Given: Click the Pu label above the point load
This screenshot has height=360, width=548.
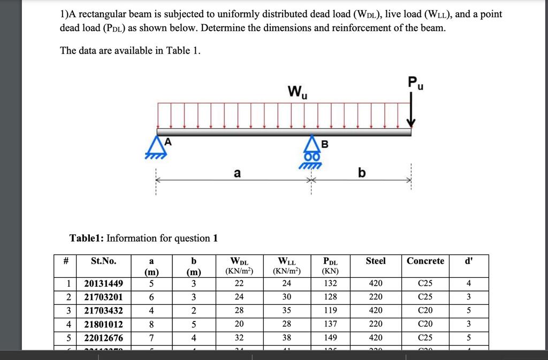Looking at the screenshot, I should pyautogui.click(x=415, y=83).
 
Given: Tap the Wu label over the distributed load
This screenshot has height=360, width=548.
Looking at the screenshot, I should pyautogui.click(x=296, y=92).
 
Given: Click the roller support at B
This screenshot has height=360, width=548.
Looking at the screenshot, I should pyautogui.click(x=311, y=149).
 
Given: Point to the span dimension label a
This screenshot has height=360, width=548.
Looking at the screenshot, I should pyautogui.click(x=237, y=173).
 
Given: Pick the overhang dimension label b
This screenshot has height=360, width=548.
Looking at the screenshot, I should pyautogui.click(x=362, y=173).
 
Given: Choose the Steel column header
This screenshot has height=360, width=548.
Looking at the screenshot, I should pyautogui.click(x=375, y=261).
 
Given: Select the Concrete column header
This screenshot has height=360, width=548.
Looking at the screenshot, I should pyautogui.click(x=425, y=261).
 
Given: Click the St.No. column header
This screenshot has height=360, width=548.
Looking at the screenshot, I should pyautogui.click(x=104, y=261).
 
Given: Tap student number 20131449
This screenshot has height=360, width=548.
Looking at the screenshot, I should pyautogui.click(x=104, y=284).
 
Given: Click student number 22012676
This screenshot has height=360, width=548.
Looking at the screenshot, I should pyautogui.click(x=104, y=338).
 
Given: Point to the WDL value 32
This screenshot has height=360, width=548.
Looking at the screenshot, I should pyautogui.click(x=239, y=338).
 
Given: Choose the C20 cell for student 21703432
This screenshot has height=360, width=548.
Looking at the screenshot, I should pyautogui.click(x=425, y=310).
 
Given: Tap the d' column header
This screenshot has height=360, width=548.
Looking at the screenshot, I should pyautogui.click(x=469, y=261).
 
